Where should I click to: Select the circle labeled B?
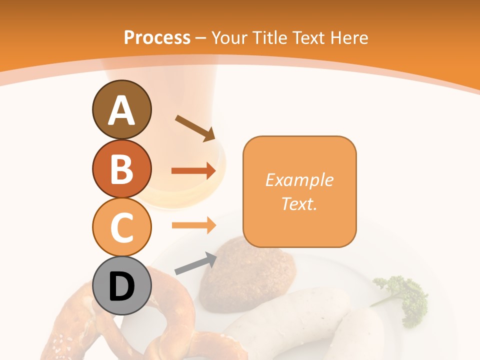click(x=121, y=169)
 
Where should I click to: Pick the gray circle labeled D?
click(x=121, y=286)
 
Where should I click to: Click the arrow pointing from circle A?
click(x=195, y=128)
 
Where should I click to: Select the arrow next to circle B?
click(x=193, y=171)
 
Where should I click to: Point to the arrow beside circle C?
click(x=193, y=225)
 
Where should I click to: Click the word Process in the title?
click(x=157, y=37)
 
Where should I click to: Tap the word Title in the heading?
click(x=269, y=37)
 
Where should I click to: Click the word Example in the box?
click(x=299, y=180)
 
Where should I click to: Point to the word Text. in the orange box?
click(x=299, y=203)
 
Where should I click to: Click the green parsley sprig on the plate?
click(x=405, y=300)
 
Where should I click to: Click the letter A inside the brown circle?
click(x=121, y=110)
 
